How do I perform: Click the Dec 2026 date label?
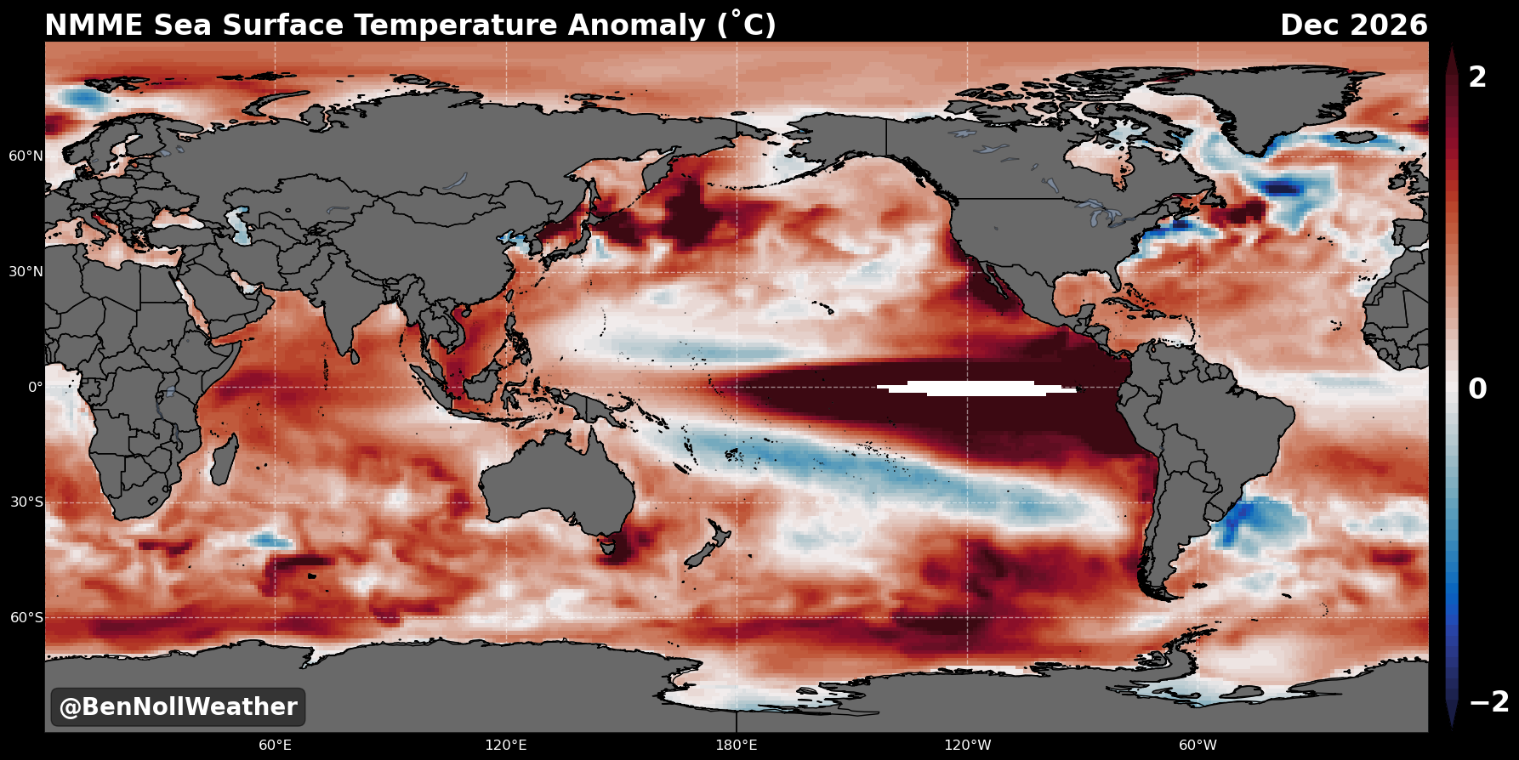1354,26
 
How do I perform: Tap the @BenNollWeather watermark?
178,707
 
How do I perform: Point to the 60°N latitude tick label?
26,156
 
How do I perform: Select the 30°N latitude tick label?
26,272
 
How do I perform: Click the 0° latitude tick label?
36,387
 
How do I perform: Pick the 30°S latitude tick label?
26,502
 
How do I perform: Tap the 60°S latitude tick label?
26,617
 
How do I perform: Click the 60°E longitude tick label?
276,746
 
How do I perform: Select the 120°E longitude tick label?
506,746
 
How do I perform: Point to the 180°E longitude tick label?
737,746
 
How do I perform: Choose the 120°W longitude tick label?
968,746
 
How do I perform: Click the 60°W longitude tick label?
1198,746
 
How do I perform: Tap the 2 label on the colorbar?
1478,77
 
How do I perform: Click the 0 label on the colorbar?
1478,389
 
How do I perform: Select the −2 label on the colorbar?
1489,702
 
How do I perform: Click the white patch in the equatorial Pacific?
976,389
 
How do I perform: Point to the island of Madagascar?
224,459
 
